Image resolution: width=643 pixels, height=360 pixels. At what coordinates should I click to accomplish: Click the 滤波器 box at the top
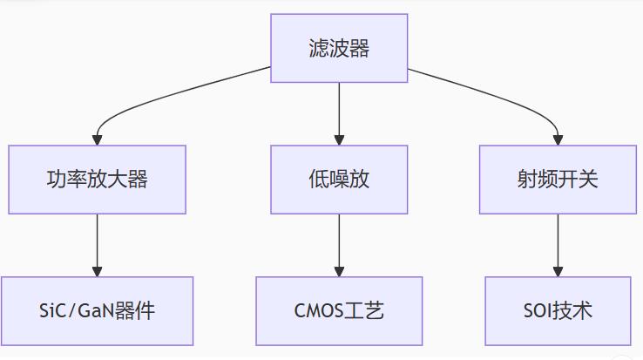339,48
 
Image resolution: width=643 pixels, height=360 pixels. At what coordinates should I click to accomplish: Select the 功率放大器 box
97,180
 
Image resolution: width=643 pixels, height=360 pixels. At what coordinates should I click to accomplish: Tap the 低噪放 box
339,180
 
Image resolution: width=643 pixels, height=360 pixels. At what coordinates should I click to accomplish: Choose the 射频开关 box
558,180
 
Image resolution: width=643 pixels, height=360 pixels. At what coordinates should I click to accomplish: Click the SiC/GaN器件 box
97,310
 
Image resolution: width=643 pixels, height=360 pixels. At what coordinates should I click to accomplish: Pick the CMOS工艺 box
339,310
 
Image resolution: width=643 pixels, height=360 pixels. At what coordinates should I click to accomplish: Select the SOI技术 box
558,310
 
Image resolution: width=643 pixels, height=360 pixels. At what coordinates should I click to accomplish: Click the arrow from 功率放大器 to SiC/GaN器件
97,244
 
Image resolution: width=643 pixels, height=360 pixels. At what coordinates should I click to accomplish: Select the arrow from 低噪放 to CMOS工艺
339,244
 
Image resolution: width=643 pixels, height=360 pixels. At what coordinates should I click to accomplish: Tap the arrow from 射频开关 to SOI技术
558,244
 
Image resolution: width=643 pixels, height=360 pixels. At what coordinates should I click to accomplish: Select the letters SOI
539,310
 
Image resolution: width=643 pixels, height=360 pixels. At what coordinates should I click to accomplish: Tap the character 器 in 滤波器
360,48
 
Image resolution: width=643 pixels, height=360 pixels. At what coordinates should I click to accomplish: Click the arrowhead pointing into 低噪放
339,139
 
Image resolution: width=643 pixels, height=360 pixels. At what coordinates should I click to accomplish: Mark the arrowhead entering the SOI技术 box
558,271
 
